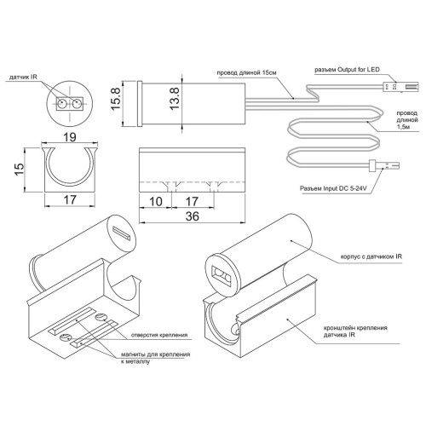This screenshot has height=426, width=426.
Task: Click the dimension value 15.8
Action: tap(116, 99)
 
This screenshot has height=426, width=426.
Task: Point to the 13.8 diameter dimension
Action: tap(175, 99)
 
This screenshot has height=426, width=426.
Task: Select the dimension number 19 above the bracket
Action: tap(70, 137)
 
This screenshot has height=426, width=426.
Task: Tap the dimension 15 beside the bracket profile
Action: tap(20, 170)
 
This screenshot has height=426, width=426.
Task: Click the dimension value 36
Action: tap(193, 216)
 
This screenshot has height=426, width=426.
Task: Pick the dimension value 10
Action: tap(156, 202)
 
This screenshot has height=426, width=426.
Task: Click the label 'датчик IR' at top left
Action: tap(23, 77)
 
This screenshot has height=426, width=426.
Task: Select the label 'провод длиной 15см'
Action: tap(246, 72)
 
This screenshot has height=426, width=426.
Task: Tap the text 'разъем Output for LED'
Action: tap(347, 70)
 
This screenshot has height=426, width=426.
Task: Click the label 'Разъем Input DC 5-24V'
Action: tap(334, 188)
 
